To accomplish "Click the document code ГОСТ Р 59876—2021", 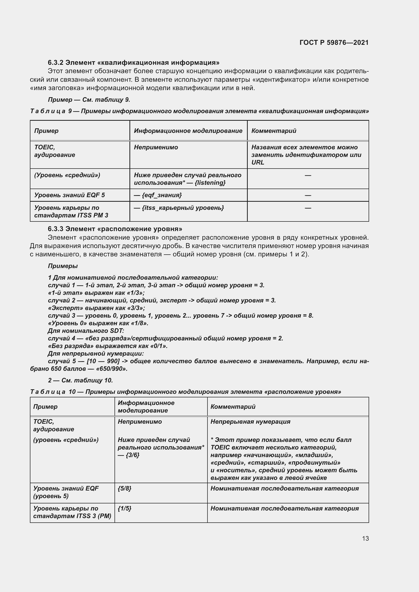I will coord(334,43).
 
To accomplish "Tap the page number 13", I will coord(365,538).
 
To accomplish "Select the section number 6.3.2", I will coord(55,63).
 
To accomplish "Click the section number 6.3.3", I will coord(55,229).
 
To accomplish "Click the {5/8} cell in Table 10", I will coord(124,488).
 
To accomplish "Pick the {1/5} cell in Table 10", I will coord(124,508).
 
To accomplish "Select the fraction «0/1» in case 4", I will coord(159,346).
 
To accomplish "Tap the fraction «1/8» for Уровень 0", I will coord(140,323).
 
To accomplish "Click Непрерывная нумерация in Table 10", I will coord(250,422).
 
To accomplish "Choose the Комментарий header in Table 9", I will coord(274,131).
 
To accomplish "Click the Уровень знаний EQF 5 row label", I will coord(69,195).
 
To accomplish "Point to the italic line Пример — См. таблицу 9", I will coord(89,100).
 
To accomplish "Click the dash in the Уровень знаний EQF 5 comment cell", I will coord(308,195).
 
